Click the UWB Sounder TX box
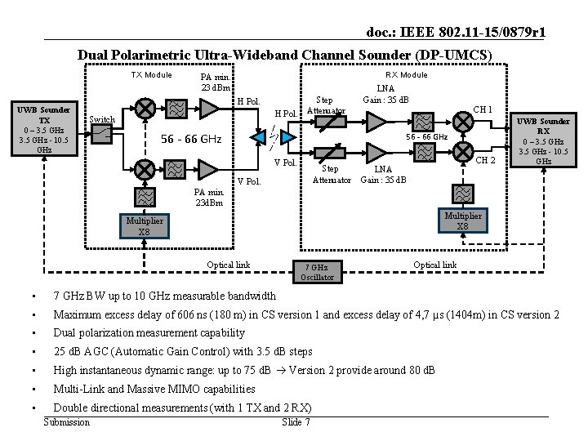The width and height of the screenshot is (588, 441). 45,130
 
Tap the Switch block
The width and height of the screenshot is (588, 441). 101,135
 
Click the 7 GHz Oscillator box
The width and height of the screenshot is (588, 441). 317,271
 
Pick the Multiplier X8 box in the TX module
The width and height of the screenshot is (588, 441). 144,226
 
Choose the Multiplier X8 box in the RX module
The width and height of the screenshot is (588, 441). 462,220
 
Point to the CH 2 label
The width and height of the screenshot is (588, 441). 486,158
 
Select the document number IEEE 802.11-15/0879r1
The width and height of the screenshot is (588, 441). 457,32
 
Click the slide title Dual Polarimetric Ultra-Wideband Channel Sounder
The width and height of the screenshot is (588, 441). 284,55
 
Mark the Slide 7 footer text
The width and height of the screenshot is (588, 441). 295,422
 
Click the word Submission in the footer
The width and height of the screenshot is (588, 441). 66,422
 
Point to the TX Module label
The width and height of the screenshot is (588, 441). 152,75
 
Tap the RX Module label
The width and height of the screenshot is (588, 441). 407,75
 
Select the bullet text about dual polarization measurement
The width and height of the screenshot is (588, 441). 149,333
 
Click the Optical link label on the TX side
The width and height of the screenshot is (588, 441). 228,265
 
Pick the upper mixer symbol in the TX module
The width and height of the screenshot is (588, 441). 145,107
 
